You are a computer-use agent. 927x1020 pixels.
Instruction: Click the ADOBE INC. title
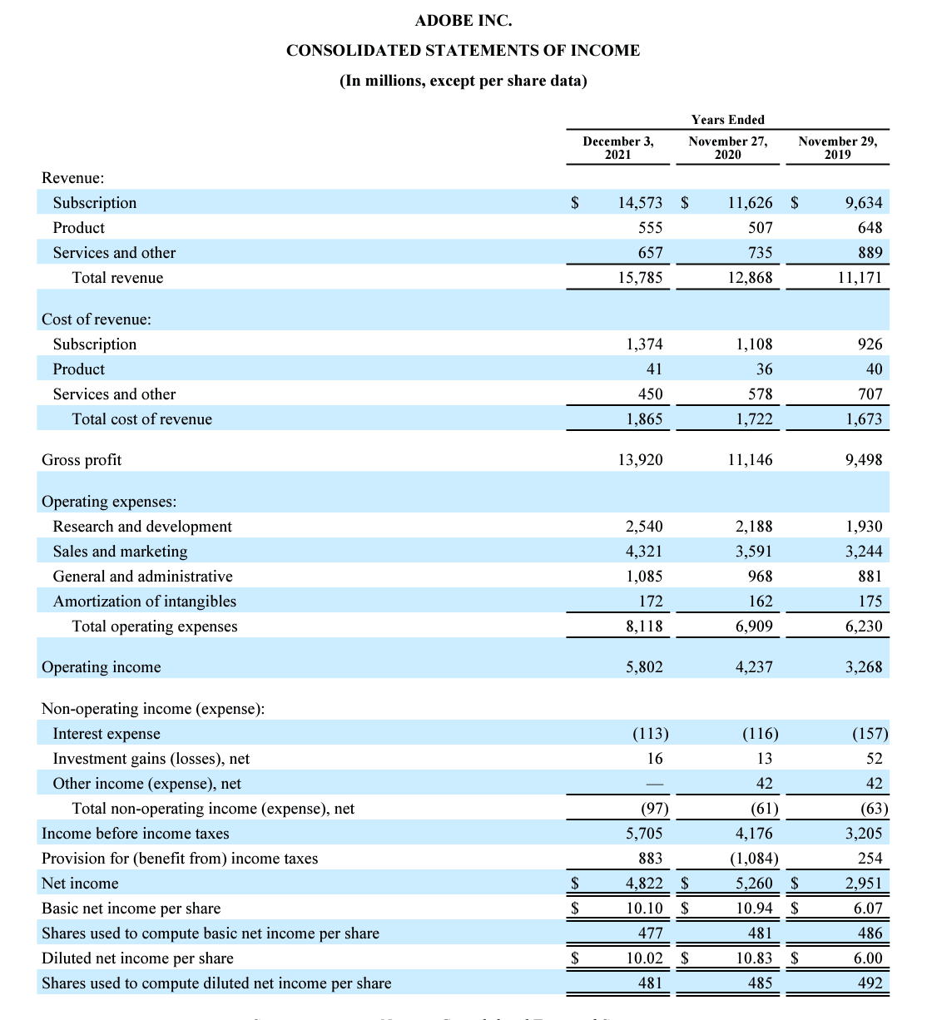[463, 20]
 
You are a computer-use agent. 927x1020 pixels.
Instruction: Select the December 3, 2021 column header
[617, 147]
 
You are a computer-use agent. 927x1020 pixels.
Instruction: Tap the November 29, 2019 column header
[837, 147]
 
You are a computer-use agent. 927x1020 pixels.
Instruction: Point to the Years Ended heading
[727, 120]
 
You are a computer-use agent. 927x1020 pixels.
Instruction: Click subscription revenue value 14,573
[640, 203]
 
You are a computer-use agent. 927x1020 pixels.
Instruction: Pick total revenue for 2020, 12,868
[750, 278]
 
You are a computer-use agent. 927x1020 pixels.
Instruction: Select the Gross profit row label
[82, 460]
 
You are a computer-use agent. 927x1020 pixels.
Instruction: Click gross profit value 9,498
[863, 460]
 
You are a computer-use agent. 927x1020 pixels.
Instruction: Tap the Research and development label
[142, 527]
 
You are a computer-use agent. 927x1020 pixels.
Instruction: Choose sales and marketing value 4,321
[644, 552]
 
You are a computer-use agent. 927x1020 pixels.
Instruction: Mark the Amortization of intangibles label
[145, 602]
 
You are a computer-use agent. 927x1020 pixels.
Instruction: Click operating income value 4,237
[754, 667]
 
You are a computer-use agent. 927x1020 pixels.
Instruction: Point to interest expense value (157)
[870, 734]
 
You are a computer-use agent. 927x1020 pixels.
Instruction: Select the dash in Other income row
[655, 784]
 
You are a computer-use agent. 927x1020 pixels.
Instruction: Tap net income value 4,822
[644, 884]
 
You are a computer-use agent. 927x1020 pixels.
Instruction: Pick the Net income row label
[80, 884]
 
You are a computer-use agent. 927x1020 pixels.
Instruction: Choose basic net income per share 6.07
[867, 909]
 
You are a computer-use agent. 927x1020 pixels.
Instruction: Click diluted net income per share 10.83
[754, 958]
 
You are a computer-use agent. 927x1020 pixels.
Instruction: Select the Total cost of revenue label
[141, 419]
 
